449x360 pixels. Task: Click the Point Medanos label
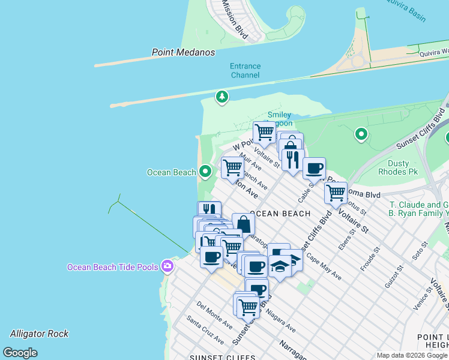point(183,52)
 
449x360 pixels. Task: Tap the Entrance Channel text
point(245,71)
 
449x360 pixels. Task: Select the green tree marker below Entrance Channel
point(222,97)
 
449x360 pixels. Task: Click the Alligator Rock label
point(39,334)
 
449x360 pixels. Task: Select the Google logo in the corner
point(20,353)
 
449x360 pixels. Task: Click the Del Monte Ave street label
point(214,315)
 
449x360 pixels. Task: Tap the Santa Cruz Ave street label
point(205,331)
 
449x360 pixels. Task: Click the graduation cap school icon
point(280,265)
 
